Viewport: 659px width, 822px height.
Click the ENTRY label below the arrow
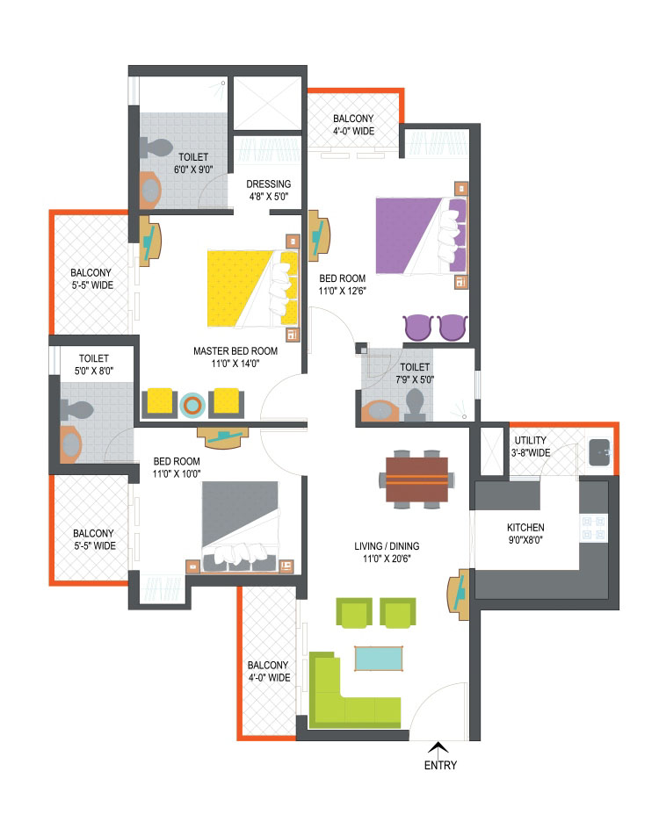click(440, 766)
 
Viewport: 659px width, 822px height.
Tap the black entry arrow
click(438, 748)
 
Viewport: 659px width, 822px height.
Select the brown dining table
click(416, 479)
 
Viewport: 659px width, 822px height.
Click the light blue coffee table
click(379, 659)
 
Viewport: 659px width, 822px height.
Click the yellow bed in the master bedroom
click(252, 289)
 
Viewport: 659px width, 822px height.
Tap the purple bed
click(421, 235)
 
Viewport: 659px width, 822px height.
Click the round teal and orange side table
click(192, 405)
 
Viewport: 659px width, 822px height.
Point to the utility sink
click(600, 452)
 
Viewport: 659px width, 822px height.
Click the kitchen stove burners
click(593, 528)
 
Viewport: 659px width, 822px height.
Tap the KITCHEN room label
click(525, 528)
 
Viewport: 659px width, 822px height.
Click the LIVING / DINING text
click(387, 545)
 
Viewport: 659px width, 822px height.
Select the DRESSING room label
click(269, 184)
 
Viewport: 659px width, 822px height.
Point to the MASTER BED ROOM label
click(235, 350)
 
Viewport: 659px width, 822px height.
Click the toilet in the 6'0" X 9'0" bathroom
click(156, 148)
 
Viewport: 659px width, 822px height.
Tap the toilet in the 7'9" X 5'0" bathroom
click(415, 405)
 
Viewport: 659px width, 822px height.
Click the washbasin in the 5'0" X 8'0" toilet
click(71, 444)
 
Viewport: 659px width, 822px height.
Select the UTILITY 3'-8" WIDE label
click(531, 447)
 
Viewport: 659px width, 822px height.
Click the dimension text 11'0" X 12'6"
click(342, 291)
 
